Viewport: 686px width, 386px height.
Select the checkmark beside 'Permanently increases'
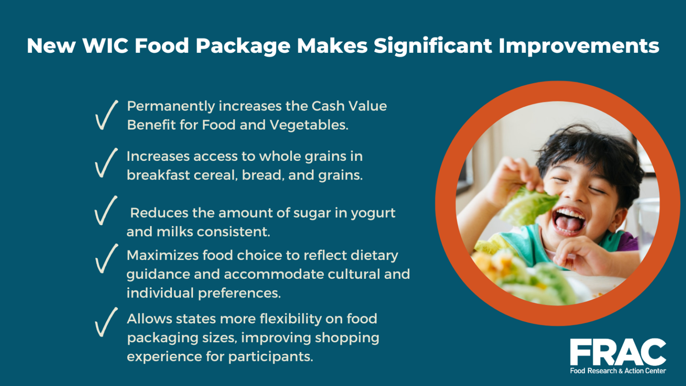(106, 115)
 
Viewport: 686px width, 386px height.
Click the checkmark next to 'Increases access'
(106, 163)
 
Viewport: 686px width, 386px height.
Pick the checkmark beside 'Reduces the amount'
(106, 210)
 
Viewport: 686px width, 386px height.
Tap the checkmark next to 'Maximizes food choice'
(106, 259)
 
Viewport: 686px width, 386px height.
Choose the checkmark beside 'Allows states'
(106, 322)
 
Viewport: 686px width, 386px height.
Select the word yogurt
(373, 213)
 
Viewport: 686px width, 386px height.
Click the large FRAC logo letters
(618, 352)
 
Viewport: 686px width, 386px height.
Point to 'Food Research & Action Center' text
(618, 371)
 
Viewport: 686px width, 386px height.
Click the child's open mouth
(568, 220)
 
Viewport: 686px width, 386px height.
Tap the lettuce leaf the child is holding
(527, 206)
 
